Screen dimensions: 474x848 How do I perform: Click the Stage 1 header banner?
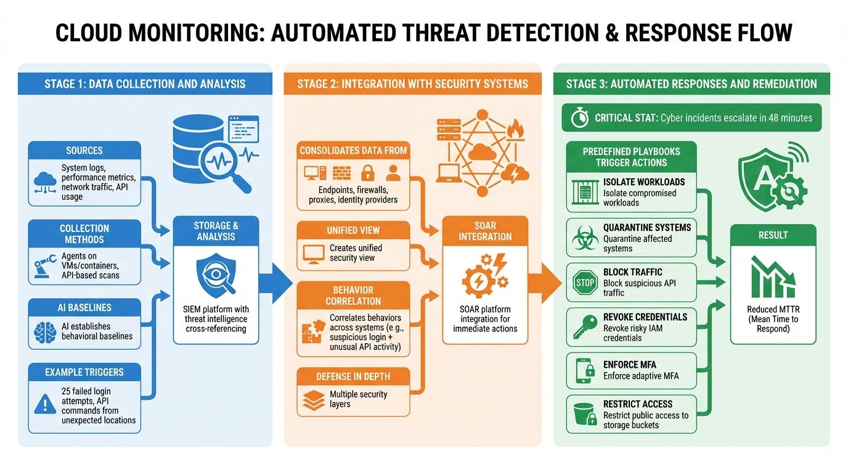(145, 84)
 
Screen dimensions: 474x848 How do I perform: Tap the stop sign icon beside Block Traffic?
(584, 283)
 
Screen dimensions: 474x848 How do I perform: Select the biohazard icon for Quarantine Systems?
(584, 238)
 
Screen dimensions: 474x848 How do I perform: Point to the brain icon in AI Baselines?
(46, 331)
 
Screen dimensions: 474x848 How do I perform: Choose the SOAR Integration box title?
(485, 231)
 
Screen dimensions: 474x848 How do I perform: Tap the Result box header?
(773, 235)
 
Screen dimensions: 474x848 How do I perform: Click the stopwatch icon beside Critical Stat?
(579, 118)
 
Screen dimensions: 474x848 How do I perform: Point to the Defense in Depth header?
(353, 376)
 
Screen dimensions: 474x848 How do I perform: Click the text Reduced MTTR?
(773, 310)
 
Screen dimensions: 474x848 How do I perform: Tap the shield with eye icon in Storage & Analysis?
(216, 277)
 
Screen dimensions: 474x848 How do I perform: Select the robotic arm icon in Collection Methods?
(46, 266)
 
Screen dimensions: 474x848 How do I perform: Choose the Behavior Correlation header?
(353, 295)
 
